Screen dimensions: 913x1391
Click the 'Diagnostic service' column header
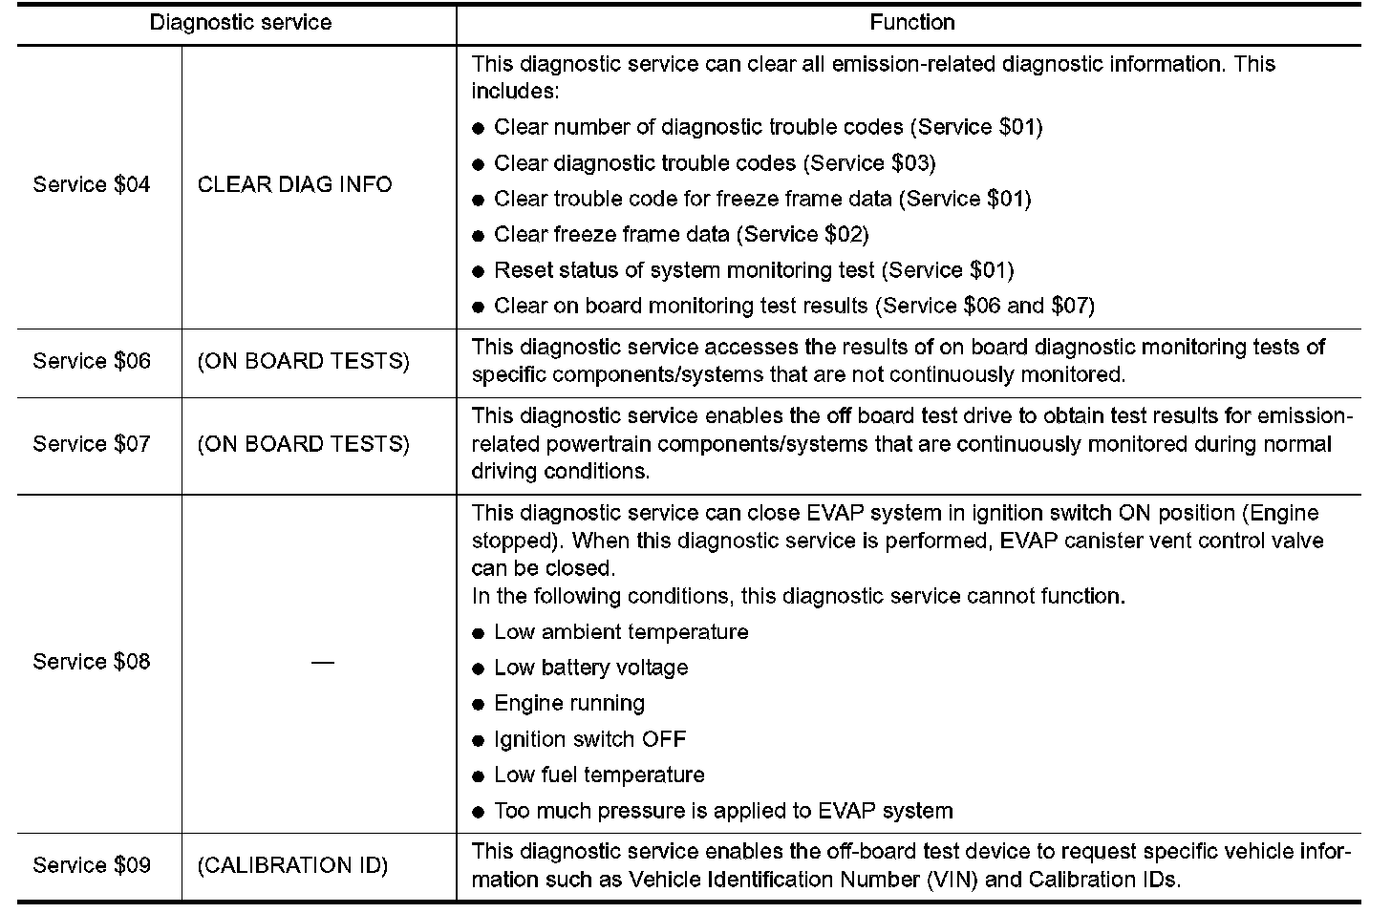pyautogui.click(x=240, y=23)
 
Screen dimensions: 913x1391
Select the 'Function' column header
pyautogui.click(x=911, y=23)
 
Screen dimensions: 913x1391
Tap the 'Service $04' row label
pyautogui.click(x=92, y=184)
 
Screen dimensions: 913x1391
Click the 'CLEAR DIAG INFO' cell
pyautogui.click(x=294, y=184)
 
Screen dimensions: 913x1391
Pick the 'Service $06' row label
pyautogui.click(x=92, y=361)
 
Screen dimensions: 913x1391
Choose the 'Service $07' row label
pyautogui.click(x=92, y=444)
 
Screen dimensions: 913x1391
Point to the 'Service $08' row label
pyautogui.click(x=92, y=662)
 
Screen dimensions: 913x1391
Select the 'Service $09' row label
pyautogui.click(x=92, y=865)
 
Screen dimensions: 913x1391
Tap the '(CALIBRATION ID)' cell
pyautogui.click(x=292, y=865)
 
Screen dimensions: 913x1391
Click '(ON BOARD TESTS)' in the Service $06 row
pyautogui.click(x=303, y=361)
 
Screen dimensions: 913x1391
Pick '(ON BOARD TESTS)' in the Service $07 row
pyautogui.click(x=303, y=444)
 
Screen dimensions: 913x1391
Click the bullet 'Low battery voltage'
pyautogui.click(x=590, y=668)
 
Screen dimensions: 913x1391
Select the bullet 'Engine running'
pyautogui.click(x=569, y=704)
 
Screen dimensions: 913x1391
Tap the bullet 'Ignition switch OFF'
pyautogui.click(x=589, y=739)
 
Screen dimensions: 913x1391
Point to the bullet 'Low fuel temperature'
pyautogui.click(x=599, y=775)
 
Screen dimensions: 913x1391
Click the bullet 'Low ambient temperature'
pyautogui.click(x=621, y=632)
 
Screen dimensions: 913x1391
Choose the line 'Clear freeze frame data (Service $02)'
pyautogui.click(x=681, y=234)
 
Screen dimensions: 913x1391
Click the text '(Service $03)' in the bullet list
pyautogui.click(x=869, y=162)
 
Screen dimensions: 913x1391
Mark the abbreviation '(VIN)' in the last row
pyautogui.click(x=952, y=880)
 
